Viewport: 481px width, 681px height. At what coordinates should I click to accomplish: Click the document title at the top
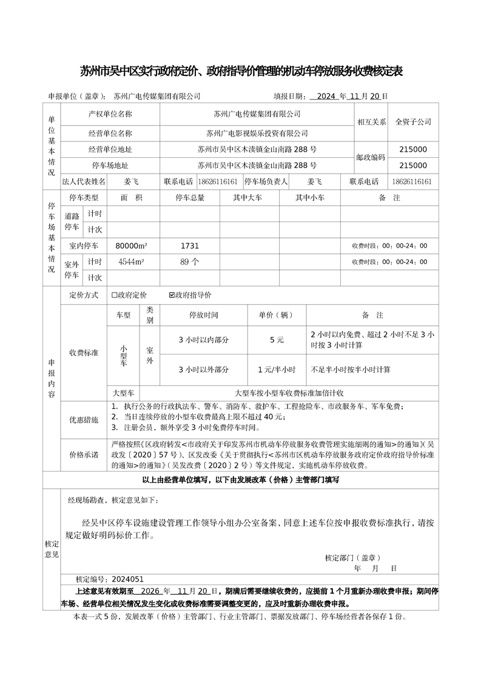tap(241, 72)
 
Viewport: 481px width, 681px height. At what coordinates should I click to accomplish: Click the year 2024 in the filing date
tap(326, 96)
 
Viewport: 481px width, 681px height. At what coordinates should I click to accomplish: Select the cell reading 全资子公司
tap(413, 121)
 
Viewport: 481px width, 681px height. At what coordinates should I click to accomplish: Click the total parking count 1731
tap(190, 246)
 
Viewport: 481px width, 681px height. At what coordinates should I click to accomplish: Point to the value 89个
tap(190, 262)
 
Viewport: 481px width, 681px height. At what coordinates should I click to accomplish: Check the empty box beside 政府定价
tap(114, 295)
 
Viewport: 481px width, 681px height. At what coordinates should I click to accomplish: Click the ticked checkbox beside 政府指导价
tap(172, 295)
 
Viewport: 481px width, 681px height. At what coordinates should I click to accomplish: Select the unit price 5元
tap(277, 340)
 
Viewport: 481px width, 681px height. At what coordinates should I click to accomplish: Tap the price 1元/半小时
tap(277, 369)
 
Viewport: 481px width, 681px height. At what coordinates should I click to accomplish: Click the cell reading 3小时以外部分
tap(204, 369)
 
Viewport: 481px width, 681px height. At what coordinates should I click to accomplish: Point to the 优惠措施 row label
tap(84, 419)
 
